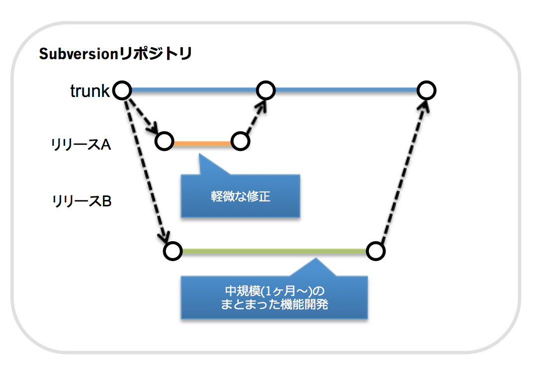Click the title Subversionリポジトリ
tap(115, 54)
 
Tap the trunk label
tap(90, 91)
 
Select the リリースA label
tap(81, 144)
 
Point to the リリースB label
tap(82, 201)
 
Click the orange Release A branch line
tap(202, 143)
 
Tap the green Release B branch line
tap(274, 252)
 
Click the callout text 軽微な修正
tap(241, 196)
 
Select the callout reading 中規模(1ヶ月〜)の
tap(274, 291)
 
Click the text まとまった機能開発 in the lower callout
tap(274, 304)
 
